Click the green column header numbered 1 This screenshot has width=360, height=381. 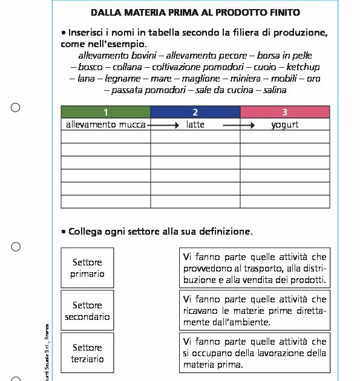pos(105,112)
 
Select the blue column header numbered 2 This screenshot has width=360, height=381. pos(195,112)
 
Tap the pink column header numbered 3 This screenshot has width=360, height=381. pos(285,112)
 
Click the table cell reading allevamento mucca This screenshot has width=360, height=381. pos(106,125)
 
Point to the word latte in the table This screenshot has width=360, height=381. pos(195,125)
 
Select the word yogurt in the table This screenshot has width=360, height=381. pos(284,125)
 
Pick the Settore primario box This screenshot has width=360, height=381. pos(88,268)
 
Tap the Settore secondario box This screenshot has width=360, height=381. pos(88,311)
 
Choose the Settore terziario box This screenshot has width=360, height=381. pos(88,353)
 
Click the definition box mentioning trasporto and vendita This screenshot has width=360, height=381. pos(254,269)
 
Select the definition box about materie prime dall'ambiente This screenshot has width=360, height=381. pos(254,311)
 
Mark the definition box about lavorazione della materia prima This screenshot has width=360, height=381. pos(254,353)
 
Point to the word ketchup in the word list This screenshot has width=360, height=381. pos(303,67)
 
